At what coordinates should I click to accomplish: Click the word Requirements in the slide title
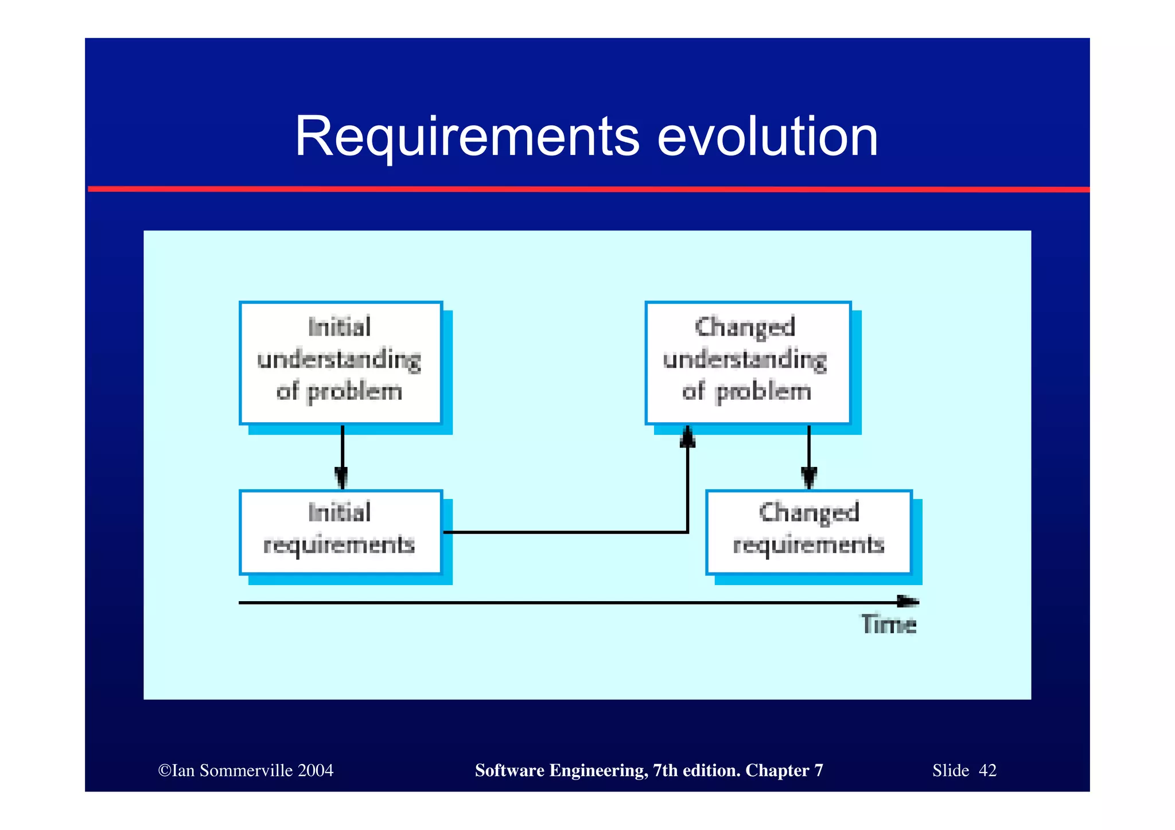point(466,138)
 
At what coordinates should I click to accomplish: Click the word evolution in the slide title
point(767,138)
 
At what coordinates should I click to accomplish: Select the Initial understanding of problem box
point(341,363)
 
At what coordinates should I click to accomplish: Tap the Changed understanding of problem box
point(748,363)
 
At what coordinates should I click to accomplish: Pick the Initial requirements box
point(341,532)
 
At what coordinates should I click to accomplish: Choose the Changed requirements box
point(808,532)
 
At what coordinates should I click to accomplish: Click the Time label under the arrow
point(888,624)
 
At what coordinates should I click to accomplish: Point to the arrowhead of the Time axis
point(909,602)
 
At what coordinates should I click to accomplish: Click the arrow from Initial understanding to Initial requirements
point(343,456)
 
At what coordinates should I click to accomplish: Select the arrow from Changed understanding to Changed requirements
point(809,456)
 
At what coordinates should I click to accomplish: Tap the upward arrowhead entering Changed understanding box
point(687,437)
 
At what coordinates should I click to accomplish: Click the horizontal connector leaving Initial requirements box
point(565,532)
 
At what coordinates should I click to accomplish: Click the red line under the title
point(588,189)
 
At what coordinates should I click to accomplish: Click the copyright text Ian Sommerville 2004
point(246,770)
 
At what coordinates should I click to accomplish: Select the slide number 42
point(987,770)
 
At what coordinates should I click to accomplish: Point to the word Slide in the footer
point(950,770)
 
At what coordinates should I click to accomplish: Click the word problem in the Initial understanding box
point(355,392)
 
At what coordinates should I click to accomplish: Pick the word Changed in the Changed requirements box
point(808,512)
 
